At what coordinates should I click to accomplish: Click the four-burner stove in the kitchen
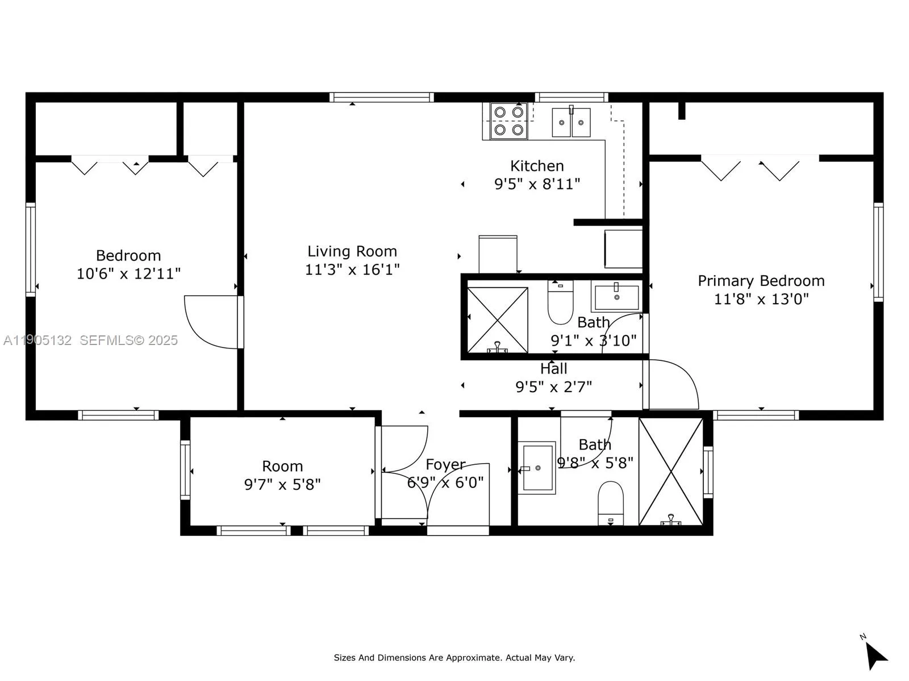tap(508, 121)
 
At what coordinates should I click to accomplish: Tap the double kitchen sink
tap(571, 122)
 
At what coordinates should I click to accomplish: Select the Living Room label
tap(352, 251)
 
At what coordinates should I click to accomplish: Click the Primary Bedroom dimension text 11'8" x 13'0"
tap(761, 299)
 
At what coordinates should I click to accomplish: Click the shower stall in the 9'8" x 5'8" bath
tap(671, 471)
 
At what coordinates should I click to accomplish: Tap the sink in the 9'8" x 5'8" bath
tap(537, 468)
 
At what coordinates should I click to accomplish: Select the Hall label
tap(553, 369)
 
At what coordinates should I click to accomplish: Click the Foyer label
tap(445, 465)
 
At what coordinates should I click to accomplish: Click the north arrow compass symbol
tap(875, 655)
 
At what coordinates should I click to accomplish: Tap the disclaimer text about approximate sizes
tap(454, 658)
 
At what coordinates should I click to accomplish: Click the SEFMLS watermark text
tap(128, 340)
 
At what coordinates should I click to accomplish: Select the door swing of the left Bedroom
tap(210, 322)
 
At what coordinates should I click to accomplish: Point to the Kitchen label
tap(537, 166)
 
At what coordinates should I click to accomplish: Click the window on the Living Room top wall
tap(382, 98)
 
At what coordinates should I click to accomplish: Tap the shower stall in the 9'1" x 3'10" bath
tap(497, 319)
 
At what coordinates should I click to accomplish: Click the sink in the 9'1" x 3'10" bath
tap(616, 296)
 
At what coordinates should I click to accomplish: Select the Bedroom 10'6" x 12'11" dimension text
tap(128, 274)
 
